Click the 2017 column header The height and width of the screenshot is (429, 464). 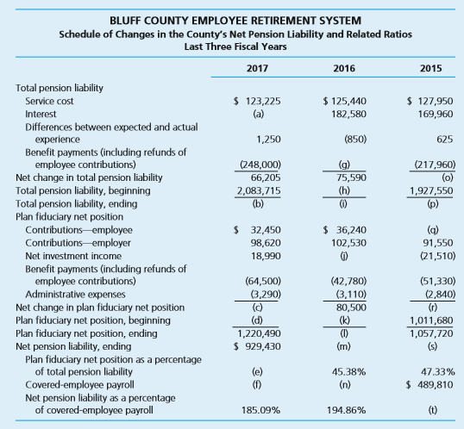(x=257, y=68)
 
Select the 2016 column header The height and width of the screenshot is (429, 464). (x=344, y=68)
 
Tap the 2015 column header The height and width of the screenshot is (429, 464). (x=431, y=68)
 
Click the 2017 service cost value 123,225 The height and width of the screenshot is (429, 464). (x=257, y=101)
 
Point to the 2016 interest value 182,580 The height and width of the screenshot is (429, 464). (x=348, y=114)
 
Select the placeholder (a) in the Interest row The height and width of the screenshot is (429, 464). (x=258, y=114)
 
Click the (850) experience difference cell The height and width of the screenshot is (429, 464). (x=355, y=140)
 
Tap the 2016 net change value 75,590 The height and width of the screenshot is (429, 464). (x=351, y=177)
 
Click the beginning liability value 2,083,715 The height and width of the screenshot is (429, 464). (x=259, y=190)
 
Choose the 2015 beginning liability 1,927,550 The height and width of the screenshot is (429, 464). (x=431, y=190)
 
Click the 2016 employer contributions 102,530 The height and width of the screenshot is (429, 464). (x=348, y=243)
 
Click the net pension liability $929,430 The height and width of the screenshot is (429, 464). (x=257, y=346)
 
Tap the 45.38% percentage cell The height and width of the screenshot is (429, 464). (x=348, y=371)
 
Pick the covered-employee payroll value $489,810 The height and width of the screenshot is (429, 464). (x=430, y=385)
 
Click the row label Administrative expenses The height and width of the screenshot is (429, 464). (x=75, y=294)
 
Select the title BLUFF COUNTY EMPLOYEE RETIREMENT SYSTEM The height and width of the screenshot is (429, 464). (x=235, y=21)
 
